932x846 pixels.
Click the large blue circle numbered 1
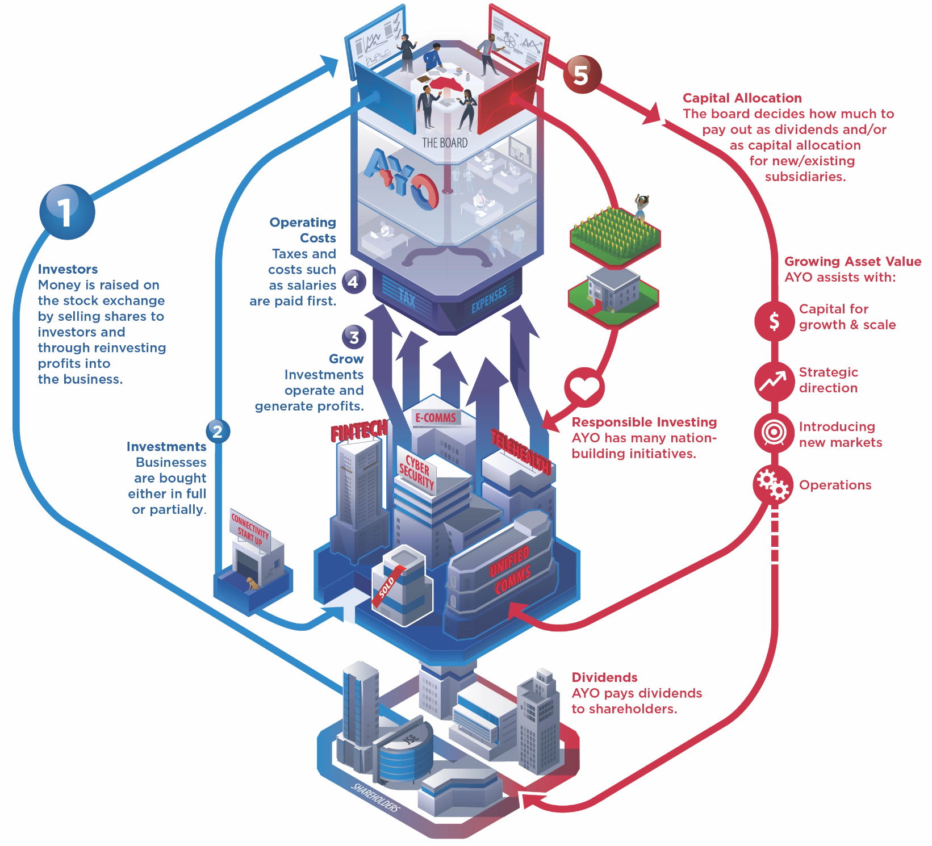[x=67, y=212]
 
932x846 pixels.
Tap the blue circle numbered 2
[x=218, y=432]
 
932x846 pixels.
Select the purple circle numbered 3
[x=354, y=337]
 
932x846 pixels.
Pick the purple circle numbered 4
[x=353, y=282]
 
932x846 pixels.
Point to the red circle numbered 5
[x=582, y=74]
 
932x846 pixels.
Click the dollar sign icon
[x=774, y=321]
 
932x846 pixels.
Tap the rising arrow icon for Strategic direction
[x=774, y=381]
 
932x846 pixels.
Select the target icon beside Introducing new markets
[x=774, y=433]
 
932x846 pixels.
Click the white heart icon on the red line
[x=584, y=388]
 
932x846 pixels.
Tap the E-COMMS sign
[x=436, y=418]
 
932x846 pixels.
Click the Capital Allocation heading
[x=742, y=98]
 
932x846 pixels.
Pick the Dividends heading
[x=604, y=677]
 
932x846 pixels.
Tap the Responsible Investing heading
[x=644, y=422]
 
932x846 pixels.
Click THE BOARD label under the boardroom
[x=445, y=143]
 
